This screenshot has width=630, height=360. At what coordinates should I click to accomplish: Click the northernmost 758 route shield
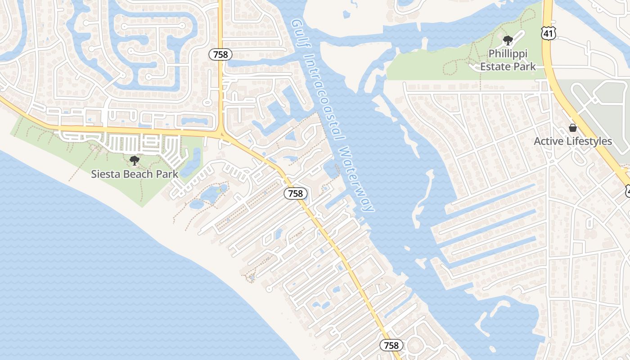[220, 54]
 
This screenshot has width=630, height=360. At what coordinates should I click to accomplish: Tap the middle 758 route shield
[295, 193]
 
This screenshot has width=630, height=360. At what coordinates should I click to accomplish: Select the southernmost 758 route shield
[391, 345]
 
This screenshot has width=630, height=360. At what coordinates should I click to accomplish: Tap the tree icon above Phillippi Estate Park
[508, 40]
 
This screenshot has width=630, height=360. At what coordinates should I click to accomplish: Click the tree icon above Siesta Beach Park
[134, 160]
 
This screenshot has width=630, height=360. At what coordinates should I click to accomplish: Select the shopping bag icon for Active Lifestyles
[573, 128]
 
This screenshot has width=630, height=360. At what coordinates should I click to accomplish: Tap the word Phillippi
[508, 54]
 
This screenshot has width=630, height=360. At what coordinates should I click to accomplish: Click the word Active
[548, 141]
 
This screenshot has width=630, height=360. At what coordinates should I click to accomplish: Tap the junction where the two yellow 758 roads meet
[221, 134]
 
